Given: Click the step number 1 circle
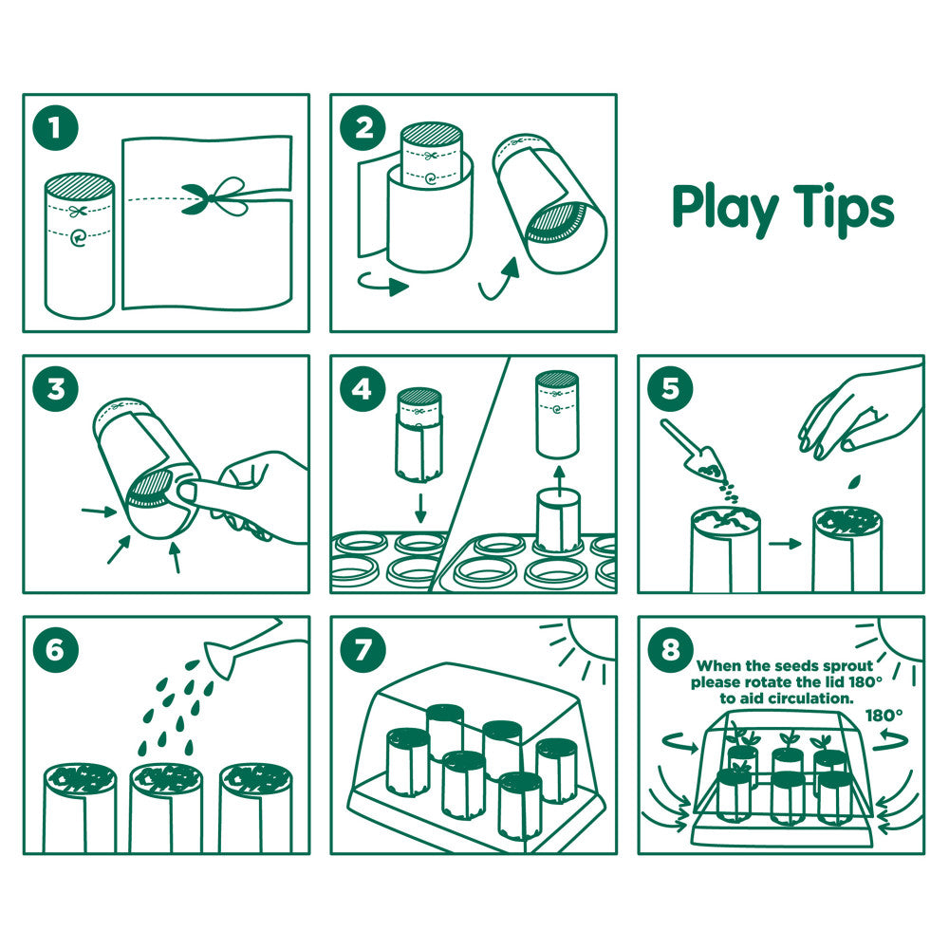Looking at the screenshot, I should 55,127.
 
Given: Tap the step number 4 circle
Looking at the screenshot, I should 363,389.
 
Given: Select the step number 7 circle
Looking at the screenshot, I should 363,650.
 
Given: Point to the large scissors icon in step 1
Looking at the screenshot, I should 213,197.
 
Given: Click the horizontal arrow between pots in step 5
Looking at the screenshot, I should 783,544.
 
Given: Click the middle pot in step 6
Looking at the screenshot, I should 166,807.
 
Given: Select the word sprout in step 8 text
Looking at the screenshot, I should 843,666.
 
